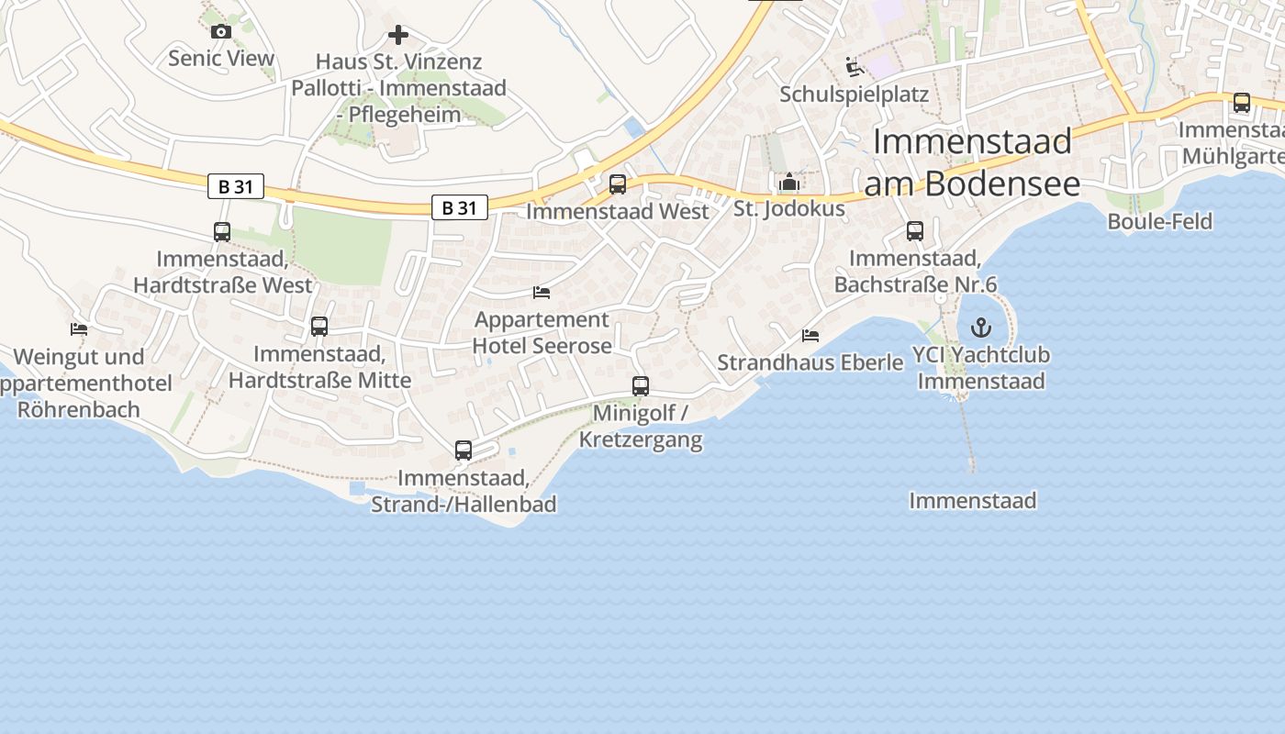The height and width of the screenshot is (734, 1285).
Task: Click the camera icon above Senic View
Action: pyautogui.click(x=220, y=32)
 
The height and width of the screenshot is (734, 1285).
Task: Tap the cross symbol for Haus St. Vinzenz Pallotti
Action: pyautogui.click(x=398, y=35)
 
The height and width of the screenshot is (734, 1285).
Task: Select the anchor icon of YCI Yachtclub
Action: pyautogui.click(x=981, y=327)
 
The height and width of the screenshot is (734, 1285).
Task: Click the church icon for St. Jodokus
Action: pyautogui.click(x=788, y=183)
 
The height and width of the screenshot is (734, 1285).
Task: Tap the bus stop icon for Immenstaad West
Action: pyautogui.click(x=618, y=184)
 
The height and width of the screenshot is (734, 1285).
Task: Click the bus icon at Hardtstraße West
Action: pyautogui.click(x=222, y=232)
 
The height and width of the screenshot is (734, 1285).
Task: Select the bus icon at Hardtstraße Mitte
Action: pyautogui.click(x=319, y=327)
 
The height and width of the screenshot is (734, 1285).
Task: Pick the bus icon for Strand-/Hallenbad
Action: pyautogui.click(x=464, y=450)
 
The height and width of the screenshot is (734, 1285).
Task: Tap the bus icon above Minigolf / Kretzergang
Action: pyautogui.click(x=641, y=386)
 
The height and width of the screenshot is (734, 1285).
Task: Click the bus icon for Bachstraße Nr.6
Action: pyautogui.click(x=915, y=231)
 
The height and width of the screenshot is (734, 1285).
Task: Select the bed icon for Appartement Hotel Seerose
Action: pyautogui.click(x=542, y=293)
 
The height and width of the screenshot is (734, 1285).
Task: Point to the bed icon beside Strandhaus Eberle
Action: pyautogui.click(x=810, y=336)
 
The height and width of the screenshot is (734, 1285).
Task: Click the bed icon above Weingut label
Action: pyautogui.click(x=79, y=328)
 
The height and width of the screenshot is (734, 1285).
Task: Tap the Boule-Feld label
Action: pyautogui.click(x=1159, y=221)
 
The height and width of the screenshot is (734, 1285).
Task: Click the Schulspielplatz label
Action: pyautogui.click(x=854, y=95)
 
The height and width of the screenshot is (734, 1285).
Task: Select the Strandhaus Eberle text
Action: pyautogui.click(x=810, y=362)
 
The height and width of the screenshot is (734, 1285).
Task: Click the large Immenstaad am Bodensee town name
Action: pyautogui.click(x=971, y=161)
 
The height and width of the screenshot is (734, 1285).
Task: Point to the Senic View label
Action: pyautogui.click(x=221, y=59)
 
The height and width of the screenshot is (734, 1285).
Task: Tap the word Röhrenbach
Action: pyautogui.click(x=79, y=409)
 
